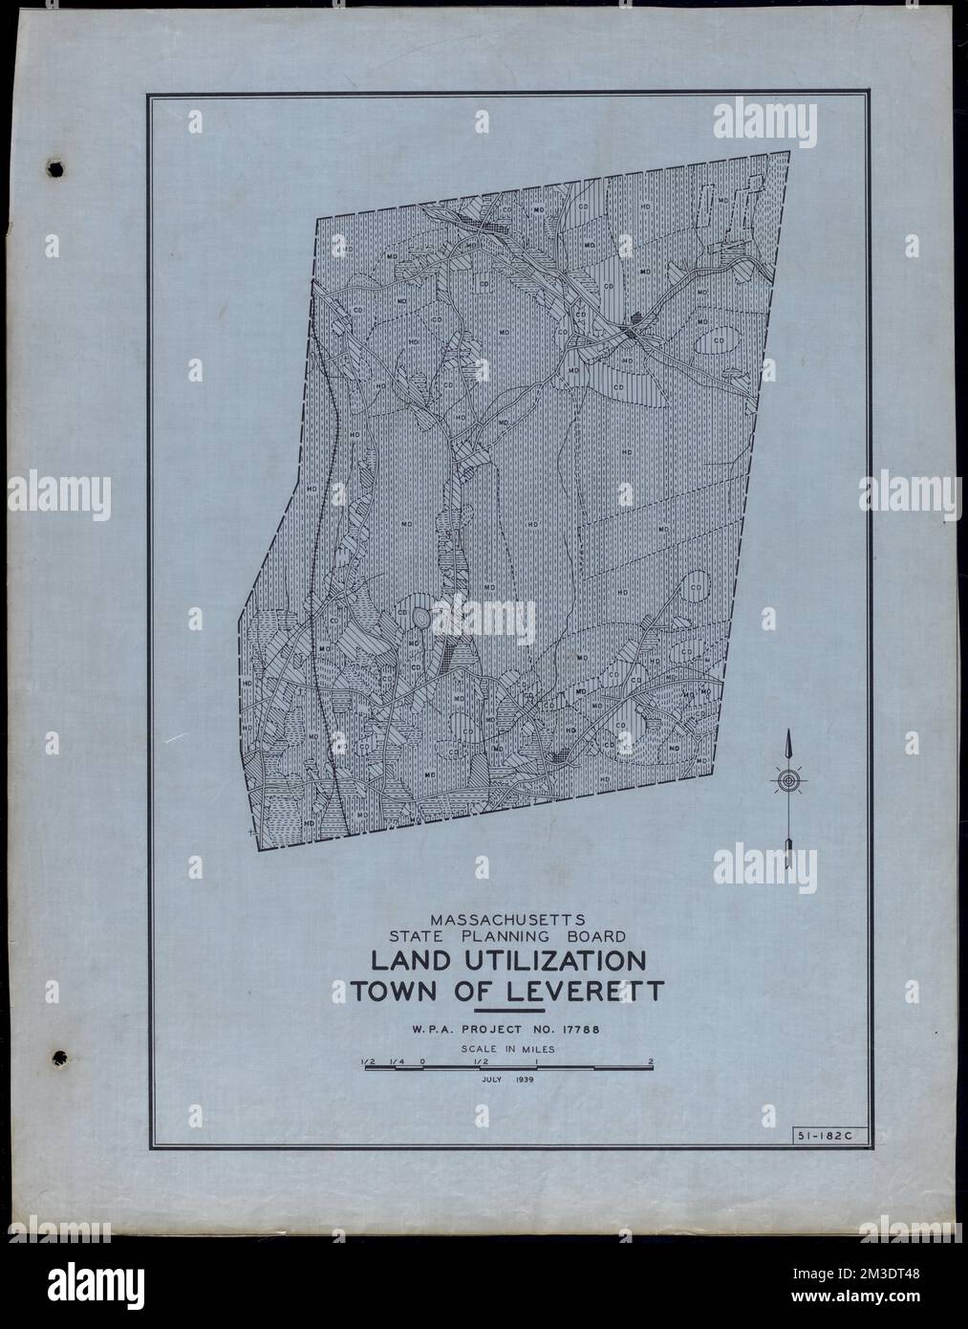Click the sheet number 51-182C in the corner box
pos(822,1135)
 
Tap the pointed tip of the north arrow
pos(787,734)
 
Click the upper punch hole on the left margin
pos(56,169)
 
